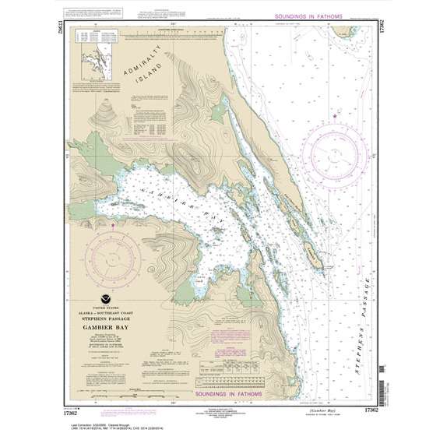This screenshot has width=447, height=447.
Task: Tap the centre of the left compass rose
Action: [x=112, y=255]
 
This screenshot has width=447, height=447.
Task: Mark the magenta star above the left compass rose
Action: [x=113, y=226]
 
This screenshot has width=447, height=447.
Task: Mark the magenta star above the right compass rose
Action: [x=335, y=116]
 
